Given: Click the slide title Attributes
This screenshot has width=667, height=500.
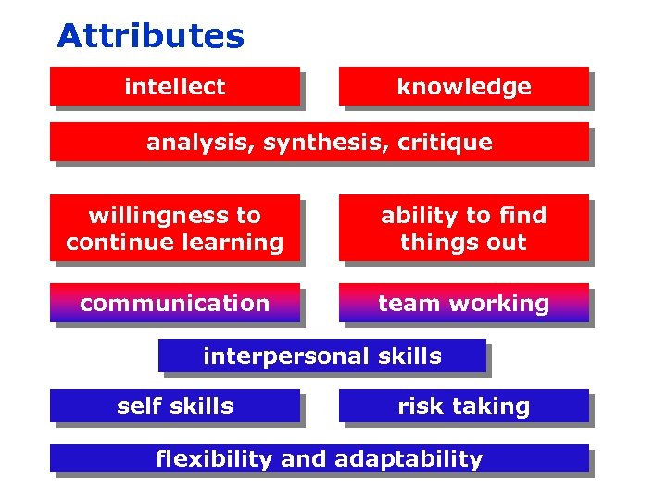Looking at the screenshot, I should point(151,36).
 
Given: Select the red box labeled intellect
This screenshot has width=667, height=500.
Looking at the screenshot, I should point(175,86).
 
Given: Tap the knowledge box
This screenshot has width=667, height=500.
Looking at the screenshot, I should point(464,86).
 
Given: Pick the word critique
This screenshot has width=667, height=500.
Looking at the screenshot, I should point(445,143).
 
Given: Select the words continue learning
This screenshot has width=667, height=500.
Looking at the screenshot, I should point(175,243).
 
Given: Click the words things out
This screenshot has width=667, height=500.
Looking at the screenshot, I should point(463,243).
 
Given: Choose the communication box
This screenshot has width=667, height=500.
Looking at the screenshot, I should point(175,303).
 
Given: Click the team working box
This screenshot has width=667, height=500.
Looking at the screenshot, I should point(464,303).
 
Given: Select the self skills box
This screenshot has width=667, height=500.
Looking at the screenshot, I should point(175,406).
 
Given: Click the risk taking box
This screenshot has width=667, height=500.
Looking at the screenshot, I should point(464,406).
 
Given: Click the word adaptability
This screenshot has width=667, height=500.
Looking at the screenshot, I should point(409,458).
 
